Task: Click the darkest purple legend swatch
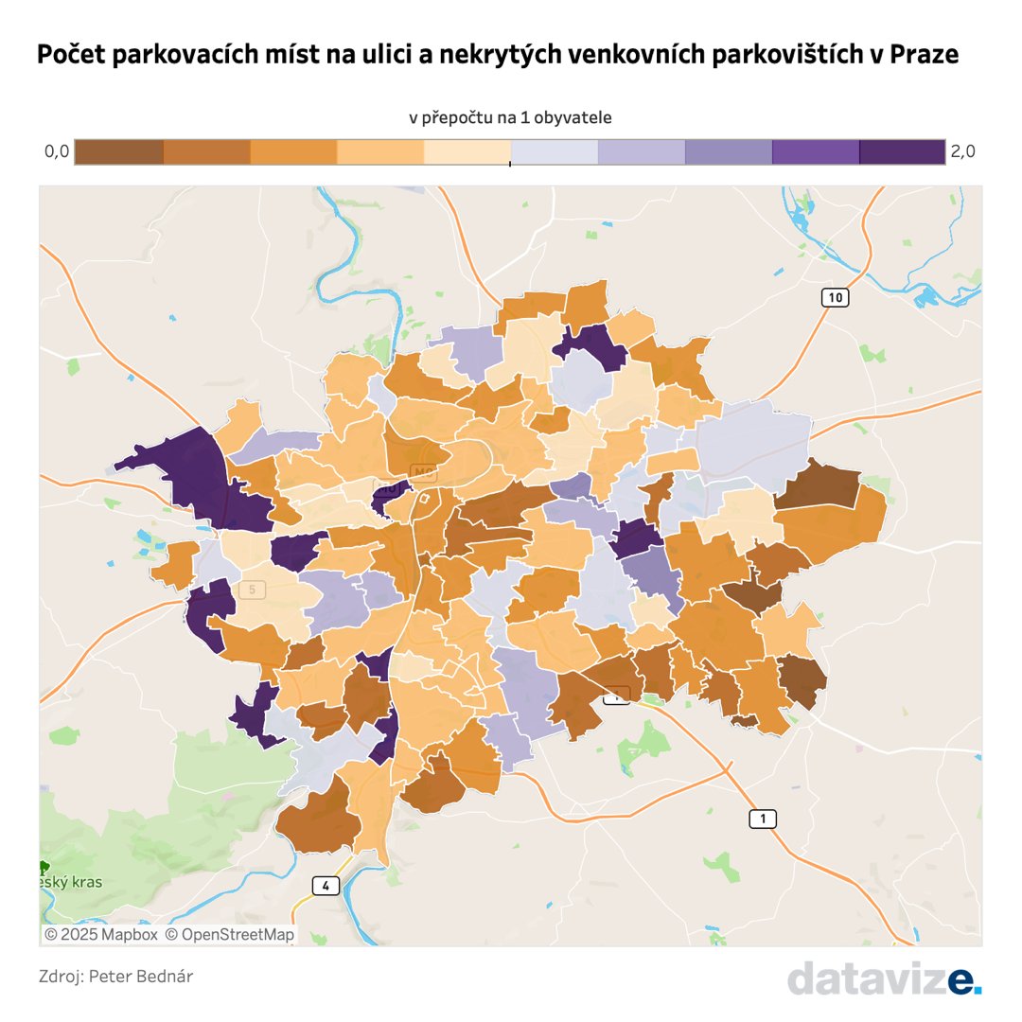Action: pyautogui.click(x=902, y=151)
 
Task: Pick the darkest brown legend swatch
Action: pyautogui.click(x=118, y=151)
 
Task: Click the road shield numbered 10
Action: pyautogui.click(x=834, y=297)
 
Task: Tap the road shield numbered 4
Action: pyautogui.click(x=326, y=886)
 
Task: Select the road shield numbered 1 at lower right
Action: pyautogui.click(x=763, y=819)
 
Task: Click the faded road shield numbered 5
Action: pyautogui.click(x=251, y=590)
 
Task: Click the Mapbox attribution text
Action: pyautogui.click(x=101, y=934)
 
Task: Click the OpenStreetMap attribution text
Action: pyautogui.click(x=230, y=934)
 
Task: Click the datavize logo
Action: pyautogui.click(x=883, y=978)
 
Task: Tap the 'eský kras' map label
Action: pyautogui.click(x=72, y=882)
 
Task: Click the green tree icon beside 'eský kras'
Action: pyautogui.click(x=44, y=867)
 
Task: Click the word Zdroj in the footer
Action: pyautogui.click(x=60, y=976)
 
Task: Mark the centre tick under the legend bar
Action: pyautogui.click(x=510, y=165)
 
